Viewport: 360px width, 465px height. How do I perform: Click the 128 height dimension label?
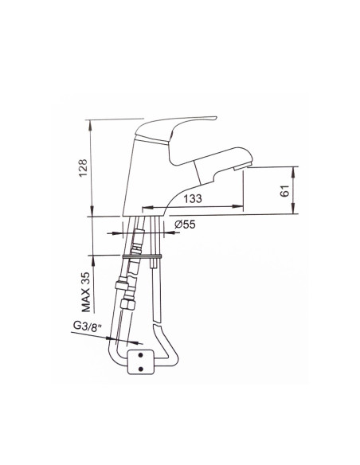point(83,167)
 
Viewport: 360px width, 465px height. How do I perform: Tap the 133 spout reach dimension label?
point(193,198)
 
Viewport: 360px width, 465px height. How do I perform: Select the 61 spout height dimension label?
point(284,190)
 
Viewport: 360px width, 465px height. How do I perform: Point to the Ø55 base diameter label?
point(185,225)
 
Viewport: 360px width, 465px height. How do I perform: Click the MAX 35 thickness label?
point(86,291)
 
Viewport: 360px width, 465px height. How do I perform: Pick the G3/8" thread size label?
point(88,326)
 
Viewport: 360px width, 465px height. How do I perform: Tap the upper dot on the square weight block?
point(140,354)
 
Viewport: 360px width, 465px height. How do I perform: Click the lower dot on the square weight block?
point(140,369)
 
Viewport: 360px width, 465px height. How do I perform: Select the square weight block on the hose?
point(140,361)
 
